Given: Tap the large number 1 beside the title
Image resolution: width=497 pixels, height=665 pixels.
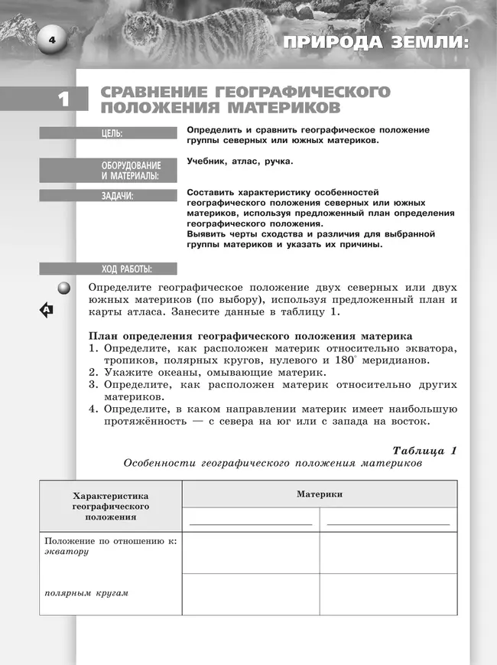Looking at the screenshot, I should tap(63, 99).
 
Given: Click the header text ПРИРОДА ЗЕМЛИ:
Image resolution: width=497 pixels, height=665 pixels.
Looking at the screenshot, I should tap(374, 43).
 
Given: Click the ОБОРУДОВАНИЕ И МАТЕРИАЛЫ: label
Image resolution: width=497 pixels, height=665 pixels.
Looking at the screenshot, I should tap(131, 171).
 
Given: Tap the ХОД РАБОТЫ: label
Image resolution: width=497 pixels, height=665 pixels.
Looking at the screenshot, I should tap(127, 269).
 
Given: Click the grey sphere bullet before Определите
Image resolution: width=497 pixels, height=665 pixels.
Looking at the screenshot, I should tap(64, 288).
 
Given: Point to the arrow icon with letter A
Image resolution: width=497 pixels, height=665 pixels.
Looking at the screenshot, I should tap(47, 310).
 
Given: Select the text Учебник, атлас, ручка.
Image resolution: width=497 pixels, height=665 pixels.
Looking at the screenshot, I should tap(239, 161).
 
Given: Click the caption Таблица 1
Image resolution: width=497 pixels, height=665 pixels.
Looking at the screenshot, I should tap(424, 450).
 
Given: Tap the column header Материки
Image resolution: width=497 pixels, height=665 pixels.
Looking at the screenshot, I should tap(319, 494).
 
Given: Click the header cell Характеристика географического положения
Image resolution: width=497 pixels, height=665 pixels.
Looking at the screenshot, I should tap(111, 506).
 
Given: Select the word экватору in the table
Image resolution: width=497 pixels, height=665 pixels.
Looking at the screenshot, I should tap(67, 552).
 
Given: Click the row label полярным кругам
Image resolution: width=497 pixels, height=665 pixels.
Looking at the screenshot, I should tap(86, 593).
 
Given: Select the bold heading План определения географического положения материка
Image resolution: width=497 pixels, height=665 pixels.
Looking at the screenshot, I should tap(251, 336).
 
